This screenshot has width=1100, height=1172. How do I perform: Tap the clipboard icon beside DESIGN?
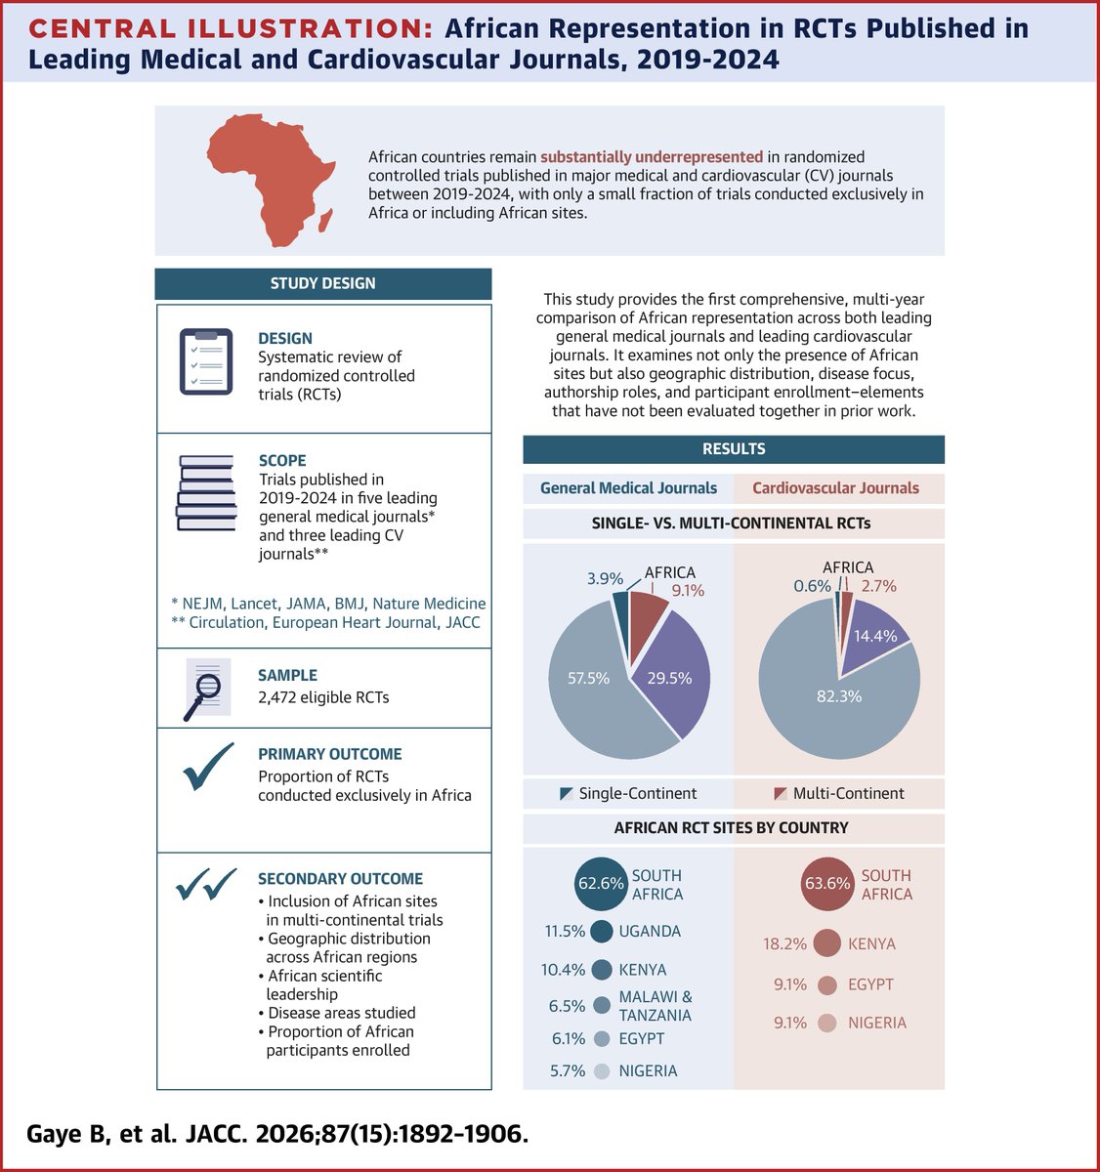coord(206,361)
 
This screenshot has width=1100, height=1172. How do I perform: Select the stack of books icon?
coord(206,492)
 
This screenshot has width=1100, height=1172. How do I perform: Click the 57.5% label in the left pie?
coord(590,678)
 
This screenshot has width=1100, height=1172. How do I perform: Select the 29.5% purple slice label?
coord(669,678)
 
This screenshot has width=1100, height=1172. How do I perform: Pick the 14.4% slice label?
coord(875,635)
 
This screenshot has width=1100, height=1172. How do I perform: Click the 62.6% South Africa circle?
coord(601,885)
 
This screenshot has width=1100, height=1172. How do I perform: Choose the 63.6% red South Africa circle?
coord(826,885)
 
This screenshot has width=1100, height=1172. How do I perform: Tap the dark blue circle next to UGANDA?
coord(602,932)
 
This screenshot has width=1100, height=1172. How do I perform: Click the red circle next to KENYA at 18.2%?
coord(826,943)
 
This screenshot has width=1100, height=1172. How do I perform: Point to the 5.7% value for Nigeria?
coord(567,1070)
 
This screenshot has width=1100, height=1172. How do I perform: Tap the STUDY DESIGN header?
coord(323,283)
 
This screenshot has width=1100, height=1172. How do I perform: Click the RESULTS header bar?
coord(734,449)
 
